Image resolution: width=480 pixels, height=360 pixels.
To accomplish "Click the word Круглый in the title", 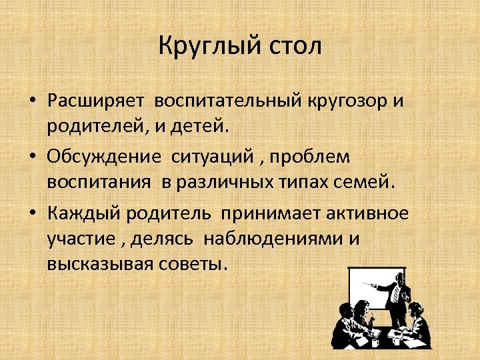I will coord(204,47).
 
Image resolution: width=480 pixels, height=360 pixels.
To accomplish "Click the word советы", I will coord(197,262).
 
